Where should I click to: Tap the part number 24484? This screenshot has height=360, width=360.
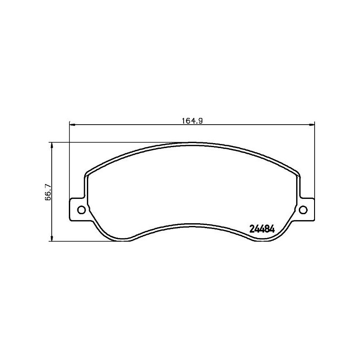coord(262,229)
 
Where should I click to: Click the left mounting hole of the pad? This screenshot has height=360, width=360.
coord(81,209)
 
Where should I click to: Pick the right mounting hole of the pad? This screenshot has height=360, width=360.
coord(303,209)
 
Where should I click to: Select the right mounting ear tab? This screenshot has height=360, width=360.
coord(306,209)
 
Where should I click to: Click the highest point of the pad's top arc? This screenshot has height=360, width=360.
coord(192,144)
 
